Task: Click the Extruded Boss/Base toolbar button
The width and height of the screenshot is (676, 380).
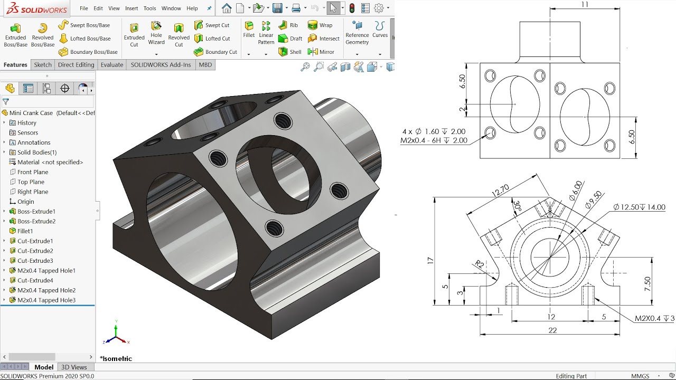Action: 15,34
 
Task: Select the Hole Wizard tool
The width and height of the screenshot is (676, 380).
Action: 156,33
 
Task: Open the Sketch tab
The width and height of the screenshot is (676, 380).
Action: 43,65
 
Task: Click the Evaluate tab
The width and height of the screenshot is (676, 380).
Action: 111,65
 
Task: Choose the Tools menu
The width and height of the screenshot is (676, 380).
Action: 149,8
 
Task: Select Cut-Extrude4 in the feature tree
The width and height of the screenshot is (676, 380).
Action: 35,280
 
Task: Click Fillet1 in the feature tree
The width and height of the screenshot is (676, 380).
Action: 25,231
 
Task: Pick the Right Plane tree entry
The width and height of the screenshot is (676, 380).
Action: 33,192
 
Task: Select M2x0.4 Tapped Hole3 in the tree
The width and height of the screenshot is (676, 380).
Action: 46,300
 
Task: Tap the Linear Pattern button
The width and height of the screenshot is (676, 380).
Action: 266,33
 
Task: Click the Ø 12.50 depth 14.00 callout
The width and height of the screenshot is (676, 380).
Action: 639,207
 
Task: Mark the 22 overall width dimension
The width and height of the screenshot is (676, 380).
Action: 552,330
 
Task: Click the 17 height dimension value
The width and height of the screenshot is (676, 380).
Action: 430,260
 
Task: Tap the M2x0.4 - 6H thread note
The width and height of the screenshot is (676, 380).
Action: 434,140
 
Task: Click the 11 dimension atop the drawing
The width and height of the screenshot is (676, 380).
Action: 584,5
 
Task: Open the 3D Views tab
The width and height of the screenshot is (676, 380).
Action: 74,367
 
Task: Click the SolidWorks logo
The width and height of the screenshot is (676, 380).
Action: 36,8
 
